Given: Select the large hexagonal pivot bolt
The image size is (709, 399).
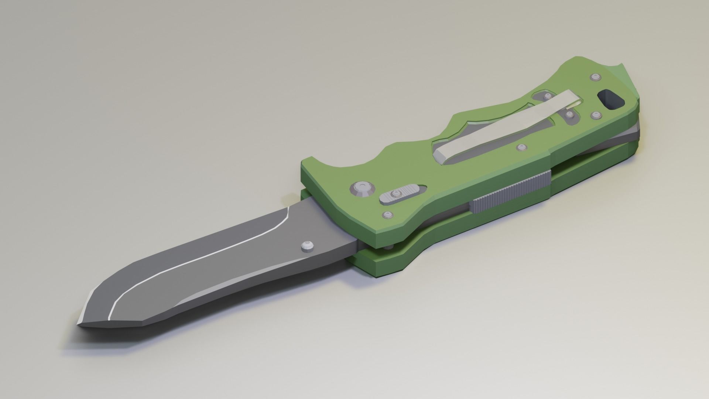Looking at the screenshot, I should pos(362,190).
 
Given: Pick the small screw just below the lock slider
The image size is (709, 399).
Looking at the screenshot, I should pos(387,215).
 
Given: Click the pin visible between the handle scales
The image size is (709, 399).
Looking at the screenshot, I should pos(388,247).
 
